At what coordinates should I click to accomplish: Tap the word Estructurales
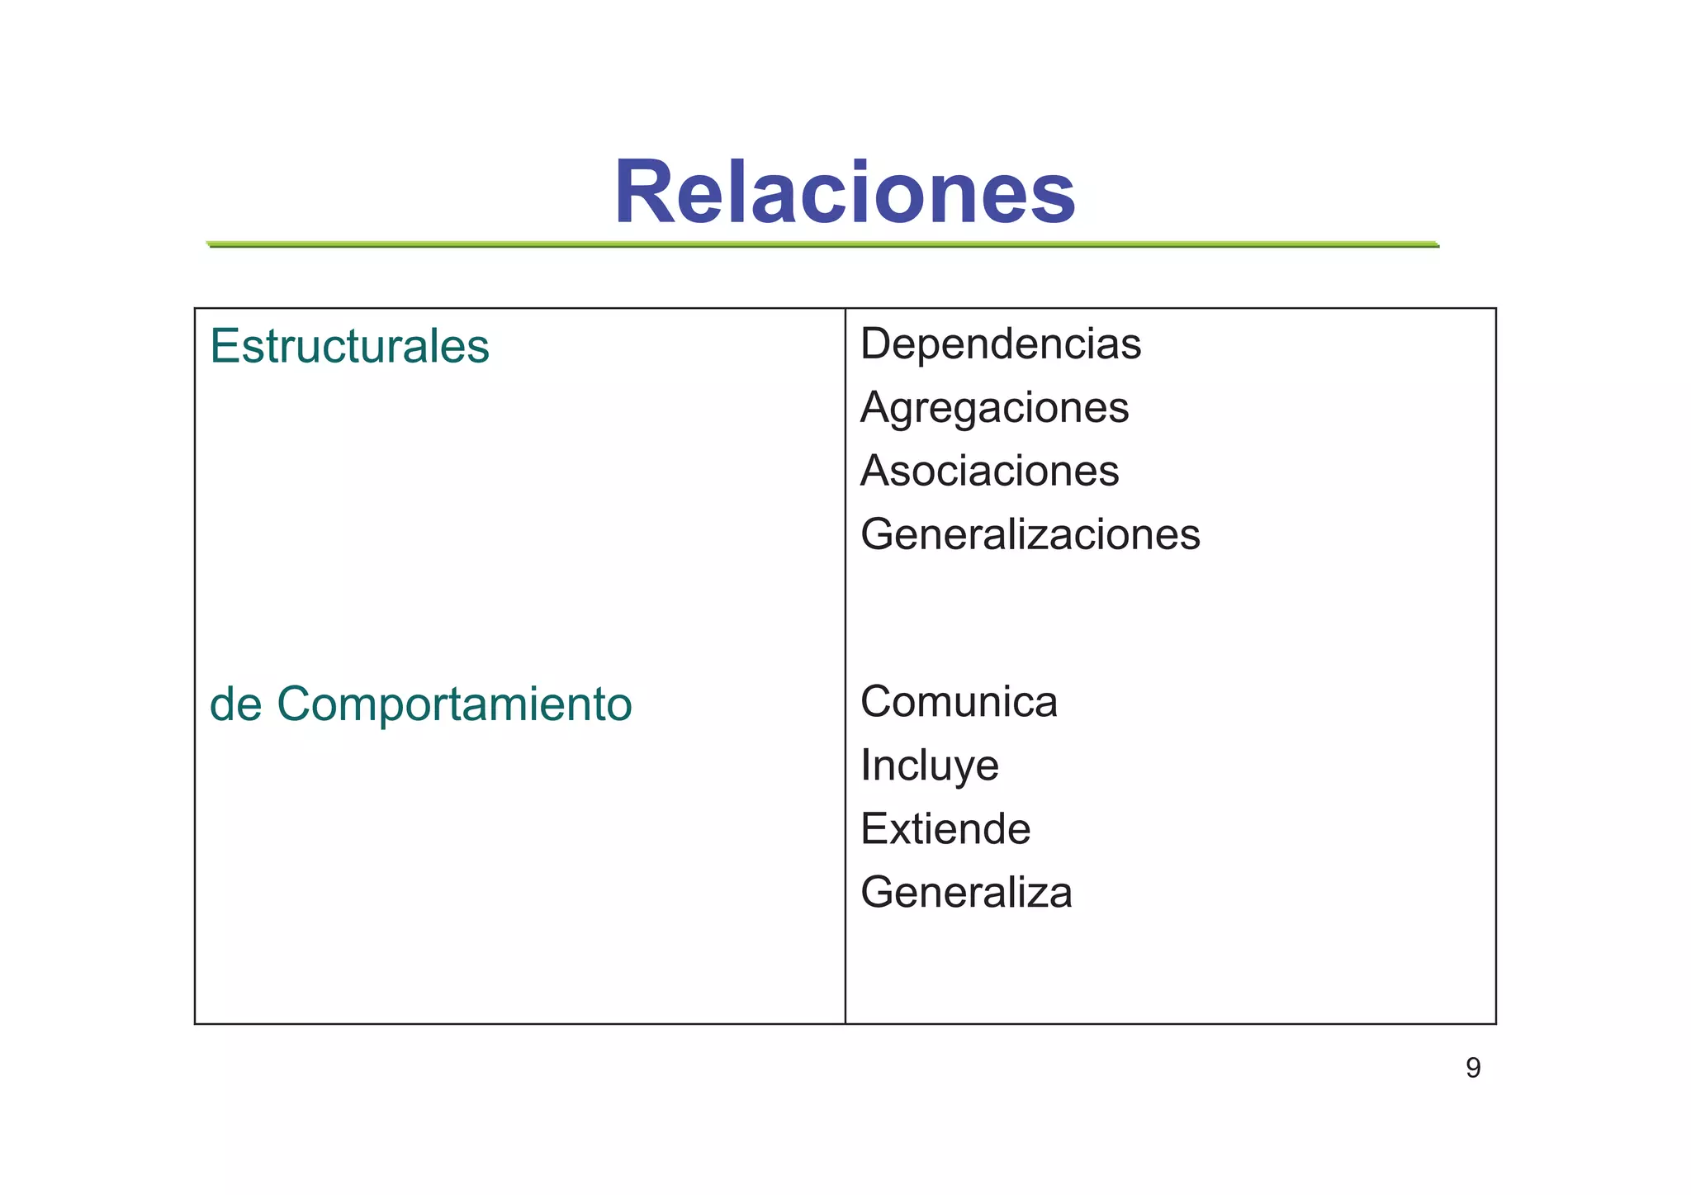coord(349,346)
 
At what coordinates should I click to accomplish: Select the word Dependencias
coord(1001,344)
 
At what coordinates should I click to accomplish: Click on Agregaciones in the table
coord(994,408)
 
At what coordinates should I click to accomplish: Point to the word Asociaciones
coord(989,471)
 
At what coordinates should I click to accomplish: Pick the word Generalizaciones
coord(1030,534)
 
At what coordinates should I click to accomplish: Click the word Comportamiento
coord(454,705)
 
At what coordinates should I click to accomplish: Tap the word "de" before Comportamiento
coord(235,704)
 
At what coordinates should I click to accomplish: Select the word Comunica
coord(959,702)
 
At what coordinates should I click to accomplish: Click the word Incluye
coord(929,766)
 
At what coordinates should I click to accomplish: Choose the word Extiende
coord(945,828)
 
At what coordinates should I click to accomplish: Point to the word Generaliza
coord(966,893)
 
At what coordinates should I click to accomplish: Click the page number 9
coord(1473,1068)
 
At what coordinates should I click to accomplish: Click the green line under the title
coord(822,244)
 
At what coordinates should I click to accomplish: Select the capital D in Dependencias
coord(876,344)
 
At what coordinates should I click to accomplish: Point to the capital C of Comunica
coord(878,702)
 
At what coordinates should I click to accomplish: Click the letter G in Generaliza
coord(879,893)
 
